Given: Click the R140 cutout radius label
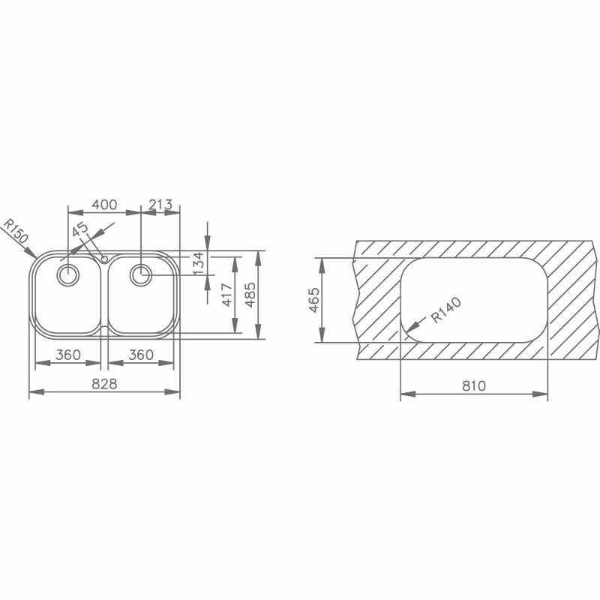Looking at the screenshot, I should (x=445, y=310).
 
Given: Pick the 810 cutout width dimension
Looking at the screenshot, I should (x=474, y=386).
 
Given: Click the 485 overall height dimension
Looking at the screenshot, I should (x=250, y=295).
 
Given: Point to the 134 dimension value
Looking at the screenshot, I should (x=198, y=262).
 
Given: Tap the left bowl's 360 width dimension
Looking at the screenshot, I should (x=67, y=355).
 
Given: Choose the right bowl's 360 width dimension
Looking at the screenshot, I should (x=141, y=355).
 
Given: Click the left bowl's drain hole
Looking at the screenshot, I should (x=67, y=275).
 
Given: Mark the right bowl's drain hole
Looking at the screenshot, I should (x=140, y=275).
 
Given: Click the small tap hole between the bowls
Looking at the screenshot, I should (x=104, y=258).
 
